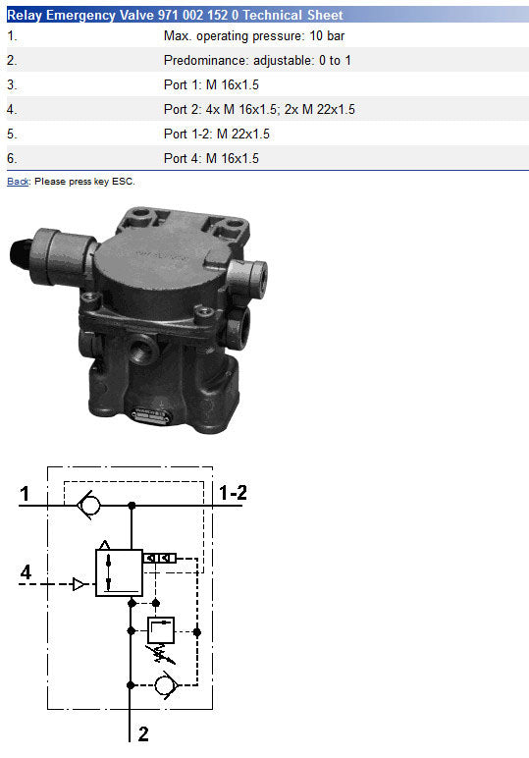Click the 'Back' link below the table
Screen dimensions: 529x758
[x=18, y=182]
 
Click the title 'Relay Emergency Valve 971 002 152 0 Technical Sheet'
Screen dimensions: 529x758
[x=175, y=15]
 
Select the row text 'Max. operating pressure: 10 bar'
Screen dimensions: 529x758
[x=254, y=35]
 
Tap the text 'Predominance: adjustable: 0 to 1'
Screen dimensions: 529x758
[x=257, y=61]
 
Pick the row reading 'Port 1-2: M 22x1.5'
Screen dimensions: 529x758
[x=217, y=134]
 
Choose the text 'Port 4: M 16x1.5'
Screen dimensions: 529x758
[x=211, y=158]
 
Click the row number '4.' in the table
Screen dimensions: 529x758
[x=12, y=110]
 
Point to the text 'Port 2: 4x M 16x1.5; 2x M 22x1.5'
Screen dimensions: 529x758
[x=259, y=109]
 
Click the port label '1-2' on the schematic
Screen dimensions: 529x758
[x=233, y=493]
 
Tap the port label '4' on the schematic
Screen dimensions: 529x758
[x=26, y=571]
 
